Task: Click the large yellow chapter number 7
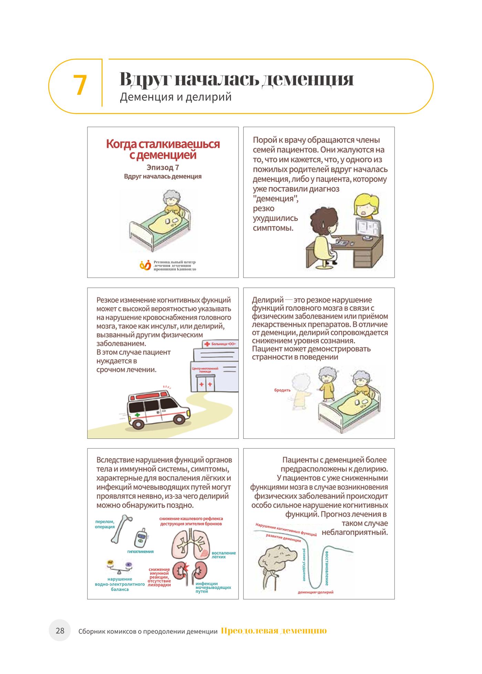(x=80, y=85)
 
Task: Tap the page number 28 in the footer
(x=60, y=631)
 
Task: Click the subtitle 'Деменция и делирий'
(x=176, y=97)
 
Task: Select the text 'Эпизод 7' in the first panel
(x=163, y=168)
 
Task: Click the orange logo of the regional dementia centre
(x=145, y=265)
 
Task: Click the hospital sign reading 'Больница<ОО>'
(x=220, y=344)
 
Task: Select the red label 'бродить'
(x=282, y=390)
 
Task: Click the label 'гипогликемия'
(x=140, y=551)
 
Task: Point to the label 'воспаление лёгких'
(x=224, y=554)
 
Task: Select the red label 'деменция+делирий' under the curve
(x=316, y=592)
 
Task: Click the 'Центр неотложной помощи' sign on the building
(x=205, y=370)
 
